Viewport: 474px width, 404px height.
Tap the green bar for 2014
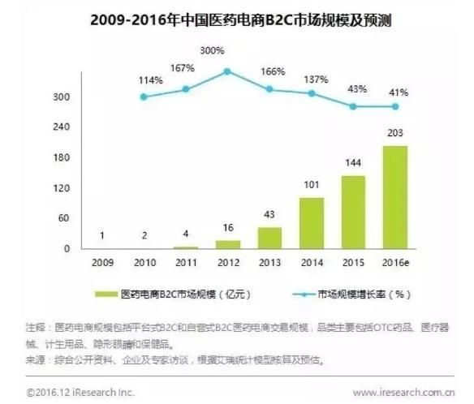pyautogui.click(x=312, y=222)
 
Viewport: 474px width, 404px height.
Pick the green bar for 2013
pyautogui.click(x=269, y=238)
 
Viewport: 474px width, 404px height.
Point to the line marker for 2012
pyautogui.click(x=228, y=71)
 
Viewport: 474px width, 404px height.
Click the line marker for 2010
pyautogui.click(x=144, y=97)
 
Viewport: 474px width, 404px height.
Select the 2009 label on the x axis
pyautogui.click(x=101, y=262)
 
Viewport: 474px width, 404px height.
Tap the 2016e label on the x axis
pyautogui.click(x=395, y=262)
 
